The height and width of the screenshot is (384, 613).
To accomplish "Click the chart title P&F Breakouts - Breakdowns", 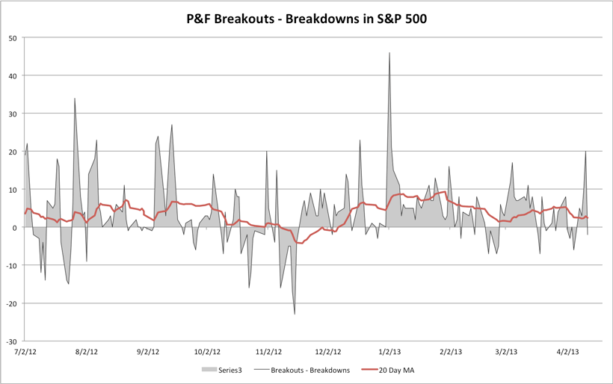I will click(x=306, y=16).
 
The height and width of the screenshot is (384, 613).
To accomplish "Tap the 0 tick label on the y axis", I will click(x=16, y=227).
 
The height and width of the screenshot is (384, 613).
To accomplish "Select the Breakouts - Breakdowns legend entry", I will click(x=310, y=370).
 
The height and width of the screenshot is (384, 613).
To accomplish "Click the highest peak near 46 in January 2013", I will click(x=389, y=53).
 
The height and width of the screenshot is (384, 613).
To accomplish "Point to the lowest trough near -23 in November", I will click(x=295, y=314).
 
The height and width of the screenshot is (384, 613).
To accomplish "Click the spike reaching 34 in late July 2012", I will click(x=75, y=99).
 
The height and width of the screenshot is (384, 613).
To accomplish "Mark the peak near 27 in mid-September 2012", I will click(x=172, y=125).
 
